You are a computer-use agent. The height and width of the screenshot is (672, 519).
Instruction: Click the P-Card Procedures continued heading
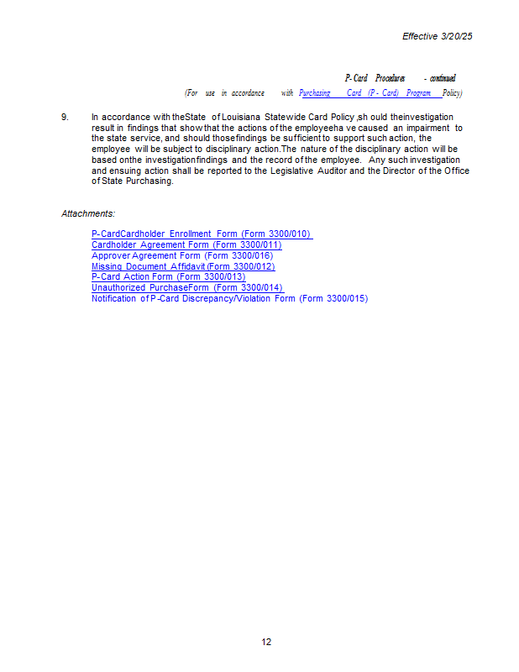[400, 78]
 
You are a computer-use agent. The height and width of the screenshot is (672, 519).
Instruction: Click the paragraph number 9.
[65, 117]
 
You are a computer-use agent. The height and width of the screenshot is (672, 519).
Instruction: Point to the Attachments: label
[88, 213]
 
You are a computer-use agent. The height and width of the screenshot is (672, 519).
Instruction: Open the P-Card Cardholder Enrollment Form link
[202, 234]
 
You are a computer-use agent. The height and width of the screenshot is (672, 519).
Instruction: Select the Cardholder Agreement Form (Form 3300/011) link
[186, 244]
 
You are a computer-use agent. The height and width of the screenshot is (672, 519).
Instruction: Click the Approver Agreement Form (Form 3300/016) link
[182, 255]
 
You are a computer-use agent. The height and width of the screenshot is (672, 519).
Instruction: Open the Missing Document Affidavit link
[183, 266]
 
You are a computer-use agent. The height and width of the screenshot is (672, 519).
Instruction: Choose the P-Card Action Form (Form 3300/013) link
[168, 276]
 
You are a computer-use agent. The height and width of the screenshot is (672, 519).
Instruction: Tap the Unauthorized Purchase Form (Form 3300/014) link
[187, 287]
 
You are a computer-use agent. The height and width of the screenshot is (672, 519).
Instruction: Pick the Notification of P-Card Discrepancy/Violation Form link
[229, 298]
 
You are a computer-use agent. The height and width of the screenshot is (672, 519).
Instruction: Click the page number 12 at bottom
[266, 642]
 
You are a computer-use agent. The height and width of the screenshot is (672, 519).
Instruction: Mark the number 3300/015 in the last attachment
[346, 298]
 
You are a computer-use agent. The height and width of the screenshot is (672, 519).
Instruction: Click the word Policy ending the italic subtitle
[453, 93]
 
